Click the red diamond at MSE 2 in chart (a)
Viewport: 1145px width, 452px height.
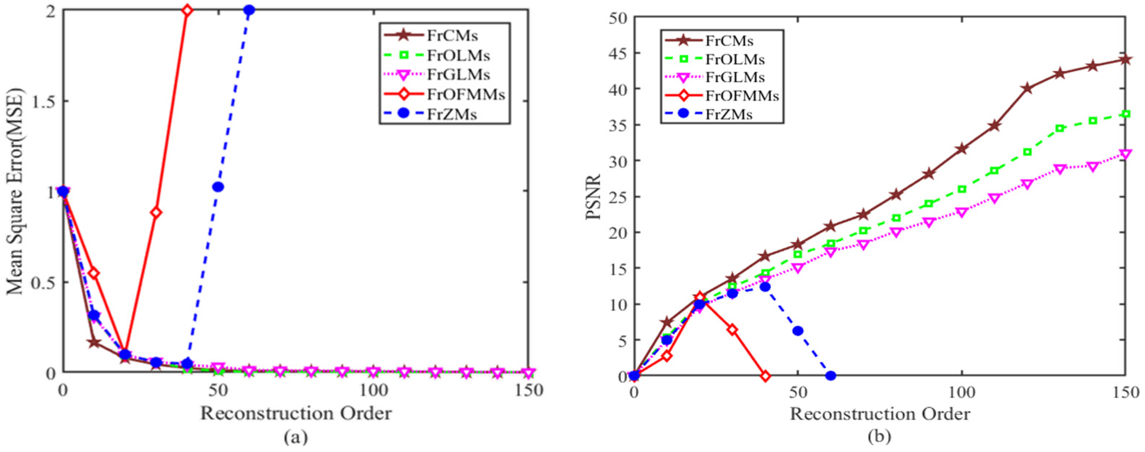(x=187, y=10)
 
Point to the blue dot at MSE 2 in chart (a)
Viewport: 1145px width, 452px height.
(x=249, y=10)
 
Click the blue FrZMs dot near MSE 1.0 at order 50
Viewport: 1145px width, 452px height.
(x=218, y=187)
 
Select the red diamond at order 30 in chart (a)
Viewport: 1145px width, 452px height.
(x=156, y=212)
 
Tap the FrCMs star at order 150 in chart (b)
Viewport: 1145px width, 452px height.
(x=1125, y=59)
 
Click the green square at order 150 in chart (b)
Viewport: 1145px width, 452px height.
(x=1125, y=114)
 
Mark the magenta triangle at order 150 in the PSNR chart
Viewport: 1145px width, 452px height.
(x=1125, y=154)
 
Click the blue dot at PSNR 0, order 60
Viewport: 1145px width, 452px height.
(x=830, y=376)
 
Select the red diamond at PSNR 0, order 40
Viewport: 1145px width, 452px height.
(x=765, y=376)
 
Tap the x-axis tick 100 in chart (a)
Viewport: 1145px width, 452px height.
(x=372, y=391)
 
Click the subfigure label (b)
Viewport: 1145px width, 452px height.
(x=879, y=438)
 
